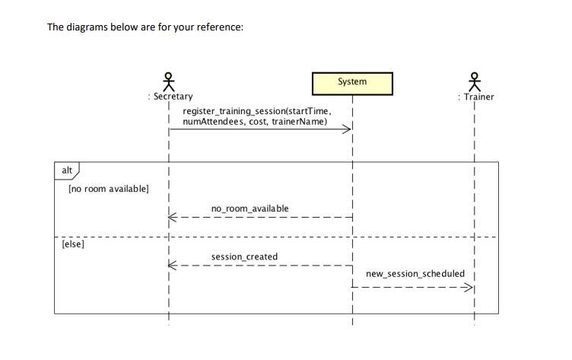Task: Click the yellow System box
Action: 351,82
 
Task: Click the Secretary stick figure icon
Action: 169,80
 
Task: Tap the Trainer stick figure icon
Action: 475,81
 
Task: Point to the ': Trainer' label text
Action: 475,97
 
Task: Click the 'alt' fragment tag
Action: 67,170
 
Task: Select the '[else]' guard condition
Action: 74,245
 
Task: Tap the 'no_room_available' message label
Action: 249,209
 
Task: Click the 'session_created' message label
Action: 244,257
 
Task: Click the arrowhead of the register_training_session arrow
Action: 348,130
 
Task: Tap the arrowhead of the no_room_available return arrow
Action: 173,218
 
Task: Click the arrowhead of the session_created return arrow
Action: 173,266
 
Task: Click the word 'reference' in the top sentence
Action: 221,27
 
